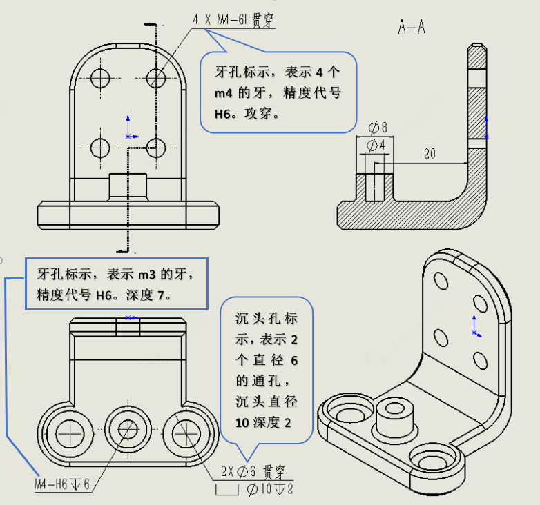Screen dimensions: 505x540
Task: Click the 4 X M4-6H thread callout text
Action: pyautogui.click(x=232, y=21)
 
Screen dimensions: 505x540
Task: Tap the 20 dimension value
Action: pyautogui.click(x=430, y=154)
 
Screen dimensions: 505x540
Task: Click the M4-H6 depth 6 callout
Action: pyautogui.click(x=62, y=484)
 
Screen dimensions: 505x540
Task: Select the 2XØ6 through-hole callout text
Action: pyautogui.click(x=252, y=472)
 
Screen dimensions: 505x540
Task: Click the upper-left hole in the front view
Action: pyautogui.click(x=101, y=77)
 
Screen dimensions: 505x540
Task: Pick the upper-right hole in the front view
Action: pyautogui.click(x=157, y=77)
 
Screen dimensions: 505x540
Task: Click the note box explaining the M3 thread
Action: pyautogui.click(x=116, y=284)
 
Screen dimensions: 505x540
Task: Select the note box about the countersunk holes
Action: pyautogui.click(x=266, y=370)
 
